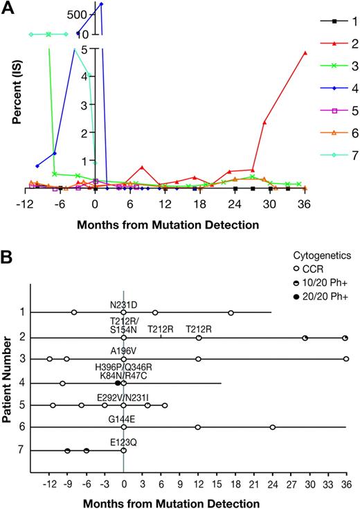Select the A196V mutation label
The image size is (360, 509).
coord(123,350)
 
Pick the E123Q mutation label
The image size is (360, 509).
coord(123,441)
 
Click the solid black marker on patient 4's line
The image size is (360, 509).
coord(118,383)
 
